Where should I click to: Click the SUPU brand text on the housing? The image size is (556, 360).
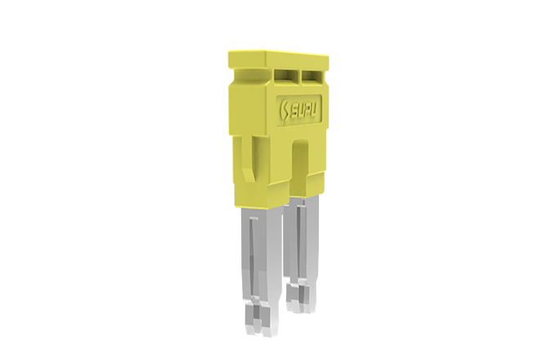[304, 110]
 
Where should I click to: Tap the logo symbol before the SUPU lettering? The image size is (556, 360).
[284, 111]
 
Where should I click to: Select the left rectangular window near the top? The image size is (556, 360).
[286, 74]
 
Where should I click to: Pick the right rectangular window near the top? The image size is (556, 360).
[312, 75]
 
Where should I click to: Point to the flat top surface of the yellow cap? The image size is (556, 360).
[278, 54]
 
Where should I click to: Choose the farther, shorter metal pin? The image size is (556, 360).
[301, 254]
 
